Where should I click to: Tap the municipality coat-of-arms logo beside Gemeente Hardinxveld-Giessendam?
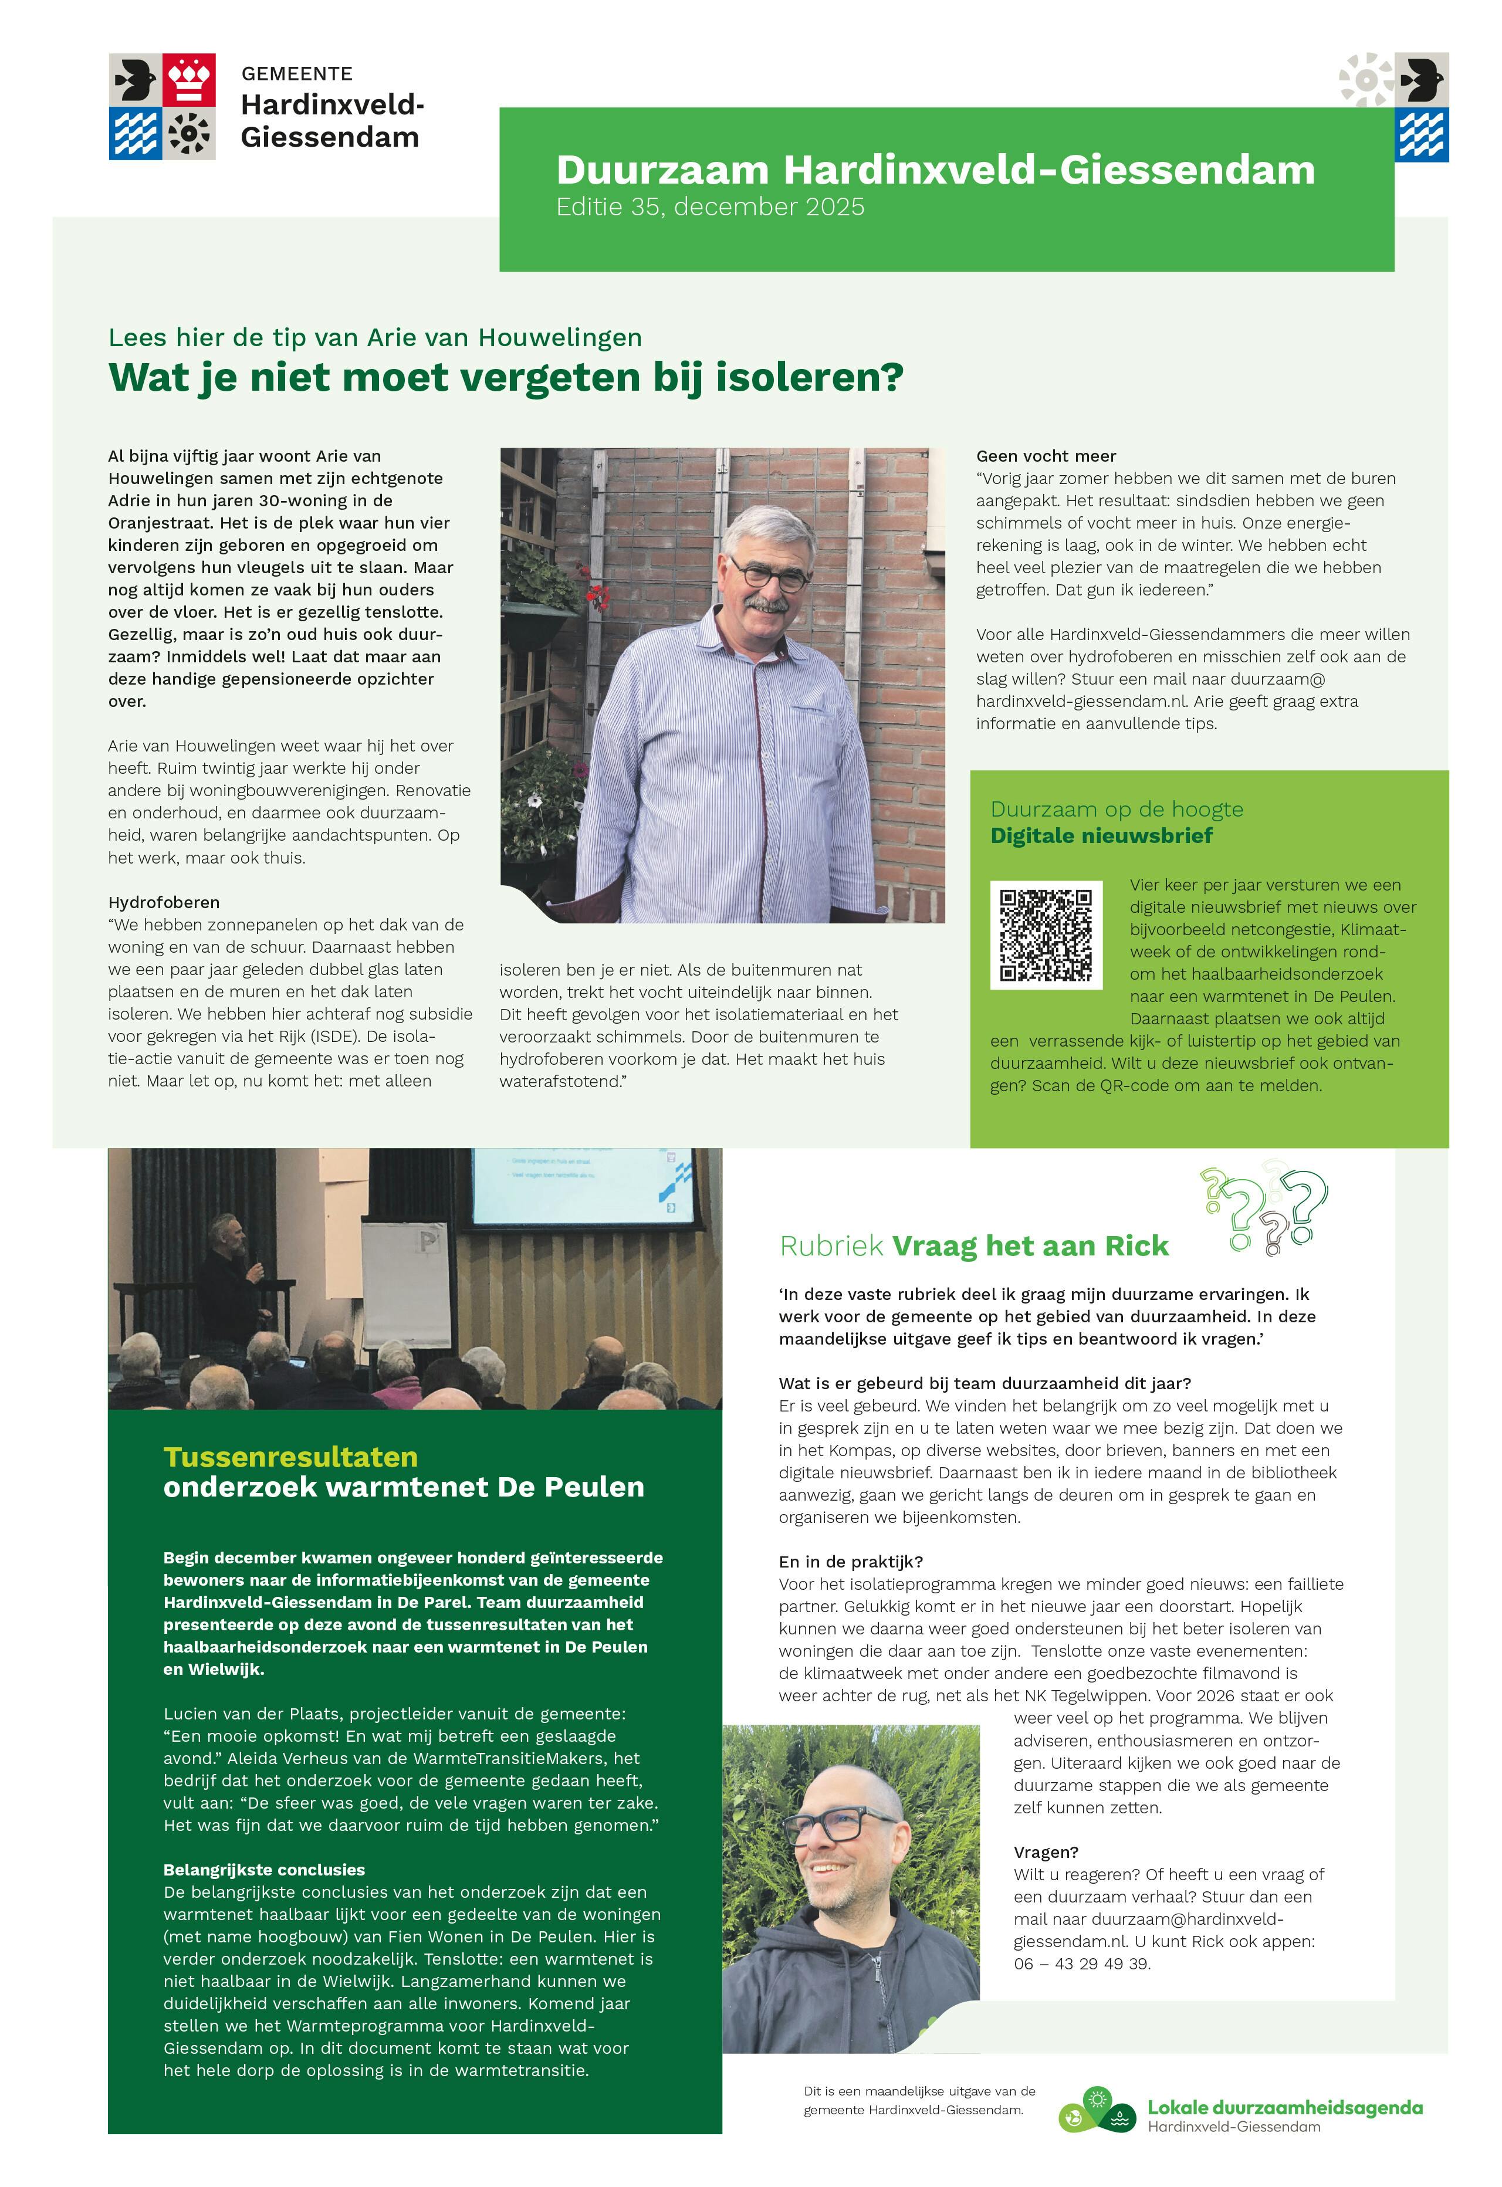(162, 106)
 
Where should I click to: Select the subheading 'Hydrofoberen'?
(164, 902)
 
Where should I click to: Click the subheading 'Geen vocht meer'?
(1046, 456)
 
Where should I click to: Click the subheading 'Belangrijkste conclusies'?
(263, 1870)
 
